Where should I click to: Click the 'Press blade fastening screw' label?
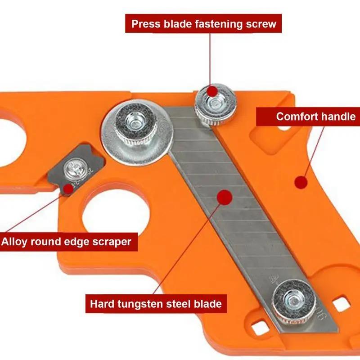204,23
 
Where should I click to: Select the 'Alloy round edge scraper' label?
66,242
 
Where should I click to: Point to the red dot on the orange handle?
301,182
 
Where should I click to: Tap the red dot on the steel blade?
224,196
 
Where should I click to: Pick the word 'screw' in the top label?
259,23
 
